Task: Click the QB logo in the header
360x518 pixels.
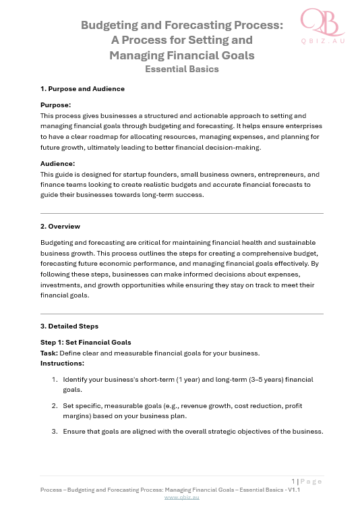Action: pyautogui.click(x=322, y=23)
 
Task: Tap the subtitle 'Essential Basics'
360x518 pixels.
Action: pyautogui.click(x=182, y=68)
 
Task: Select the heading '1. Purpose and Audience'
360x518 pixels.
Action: pyautogui.click(x=82, y=89)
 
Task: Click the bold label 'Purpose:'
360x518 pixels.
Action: pyautogui.click(x=56, y=105)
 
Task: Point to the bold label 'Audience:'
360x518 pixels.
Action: pyautogui.click(x=58, y=163)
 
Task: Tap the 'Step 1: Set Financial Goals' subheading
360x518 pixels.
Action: pyautogui.click(x=86, y=343)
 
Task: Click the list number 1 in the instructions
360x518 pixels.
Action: pyautogui.click(x=55, y=380)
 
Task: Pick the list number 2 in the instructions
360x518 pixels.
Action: pyautogui.click(x=55, y=406)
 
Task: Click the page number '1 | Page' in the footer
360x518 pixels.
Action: pyautogui.click(x=306, y=482)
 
